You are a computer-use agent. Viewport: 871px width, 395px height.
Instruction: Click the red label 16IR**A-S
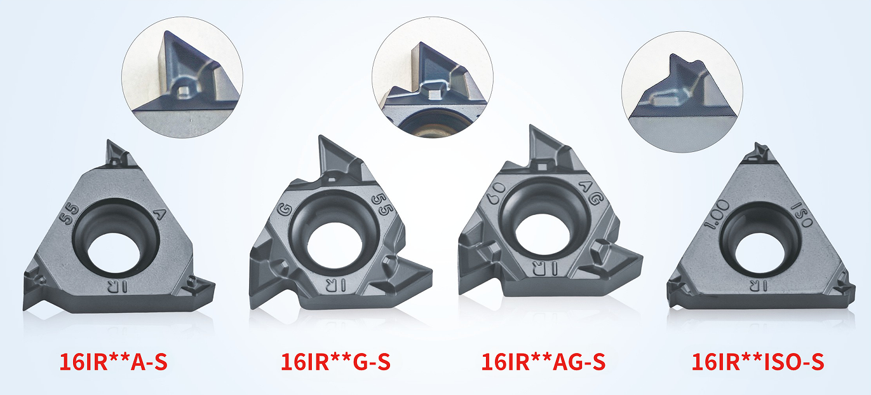113,363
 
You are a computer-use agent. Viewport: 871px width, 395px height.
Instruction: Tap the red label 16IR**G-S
335,363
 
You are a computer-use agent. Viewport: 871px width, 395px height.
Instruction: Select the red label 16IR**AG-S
543,363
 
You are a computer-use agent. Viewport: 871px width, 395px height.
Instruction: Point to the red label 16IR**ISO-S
758,363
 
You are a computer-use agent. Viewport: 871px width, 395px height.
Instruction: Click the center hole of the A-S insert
114,255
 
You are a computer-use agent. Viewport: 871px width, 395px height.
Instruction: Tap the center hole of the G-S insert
334,245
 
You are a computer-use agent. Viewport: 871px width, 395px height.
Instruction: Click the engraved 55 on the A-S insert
69,214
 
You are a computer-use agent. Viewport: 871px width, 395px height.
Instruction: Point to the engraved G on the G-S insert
284,211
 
